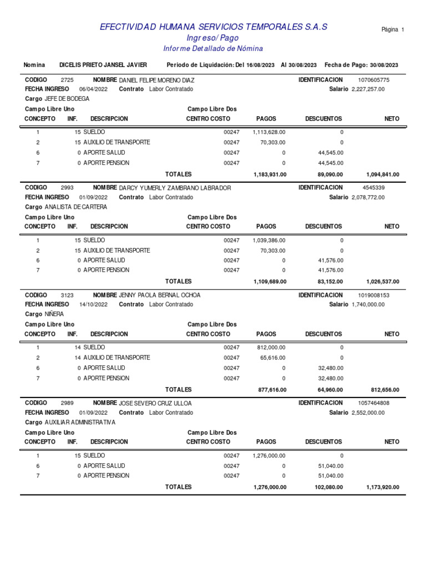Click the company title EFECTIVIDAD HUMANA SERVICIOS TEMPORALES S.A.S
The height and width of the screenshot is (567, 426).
(x=213, y=27)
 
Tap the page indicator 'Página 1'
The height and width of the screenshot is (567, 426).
(x=393, y=29)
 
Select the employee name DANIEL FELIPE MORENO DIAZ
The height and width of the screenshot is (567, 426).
(x=157, y=80)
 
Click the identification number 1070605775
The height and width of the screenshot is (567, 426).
(x=374, y=80)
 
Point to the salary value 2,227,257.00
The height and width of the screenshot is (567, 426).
(x=368, y=89)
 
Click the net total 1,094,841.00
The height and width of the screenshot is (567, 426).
(x=383, y=174)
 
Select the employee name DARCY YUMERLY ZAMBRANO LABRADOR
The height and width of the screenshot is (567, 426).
(x=175, y=188)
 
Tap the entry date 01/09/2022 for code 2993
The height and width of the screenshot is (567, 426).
(x=93, y=197)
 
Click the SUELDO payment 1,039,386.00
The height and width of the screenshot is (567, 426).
(x=269, y=240)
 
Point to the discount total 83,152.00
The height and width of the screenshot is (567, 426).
(x=330, y=282)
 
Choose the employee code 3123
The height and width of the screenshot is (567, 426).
(x=67, y=295)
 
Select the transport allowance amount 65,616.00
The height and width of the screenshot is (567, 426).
(x=272, y=358)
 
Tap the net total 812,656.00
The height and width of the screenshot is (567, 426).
(x=384, y=390)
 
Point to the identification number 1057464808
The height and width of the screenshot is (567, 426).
(x=374, y=403)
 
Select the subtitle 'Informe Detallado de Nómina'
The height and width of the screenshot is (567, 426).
(x=213, y=49)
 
